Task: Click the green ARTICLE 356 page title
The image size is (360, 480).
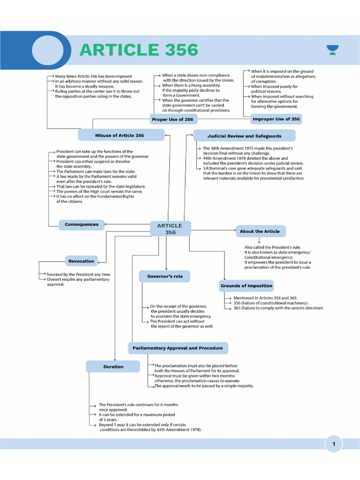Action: (139, 50)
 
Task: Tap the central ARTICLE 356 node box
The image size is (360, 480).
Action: (170, 229)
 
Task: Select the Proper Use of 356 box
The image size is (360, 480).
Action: (172, 120)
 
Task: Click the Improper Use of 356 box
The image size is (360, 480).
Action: (276, 119)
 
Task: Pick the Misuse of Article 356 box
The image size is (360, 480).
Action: (120, 135)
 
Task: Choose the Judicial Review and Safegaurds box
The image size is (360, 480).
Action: (245, 136)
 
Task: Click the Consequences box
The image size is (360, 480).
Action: (82, 225)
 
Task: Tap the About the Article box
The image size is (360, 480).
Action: (260, 231)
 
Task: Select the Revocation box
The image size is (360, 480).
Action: (81, 261)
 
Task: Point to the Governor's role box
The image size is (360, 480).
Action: (165, 277)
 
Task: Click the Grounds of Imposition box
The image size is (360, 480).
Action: (247, 285)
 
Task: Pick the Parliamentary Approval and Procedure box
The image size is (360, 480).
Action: (178, 348)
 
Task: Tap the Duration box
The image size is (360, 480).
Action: (113, 367)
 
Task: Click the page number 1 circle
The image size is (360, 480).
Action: (334, 444)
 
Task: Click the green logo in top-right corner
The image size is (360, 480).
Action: (332, 49)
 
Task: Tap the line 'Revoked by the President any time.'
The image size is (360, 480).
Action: (78, 274)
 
